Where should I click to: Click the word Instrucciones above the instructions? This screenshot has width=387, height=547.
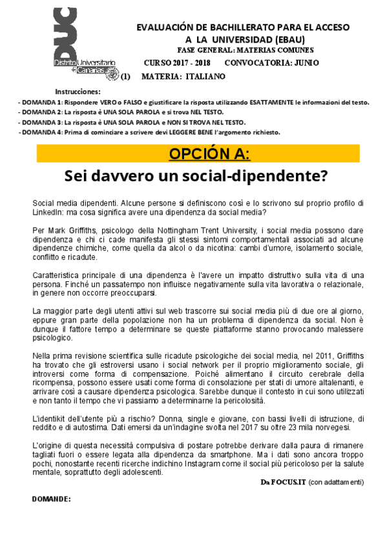[78, 92]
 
